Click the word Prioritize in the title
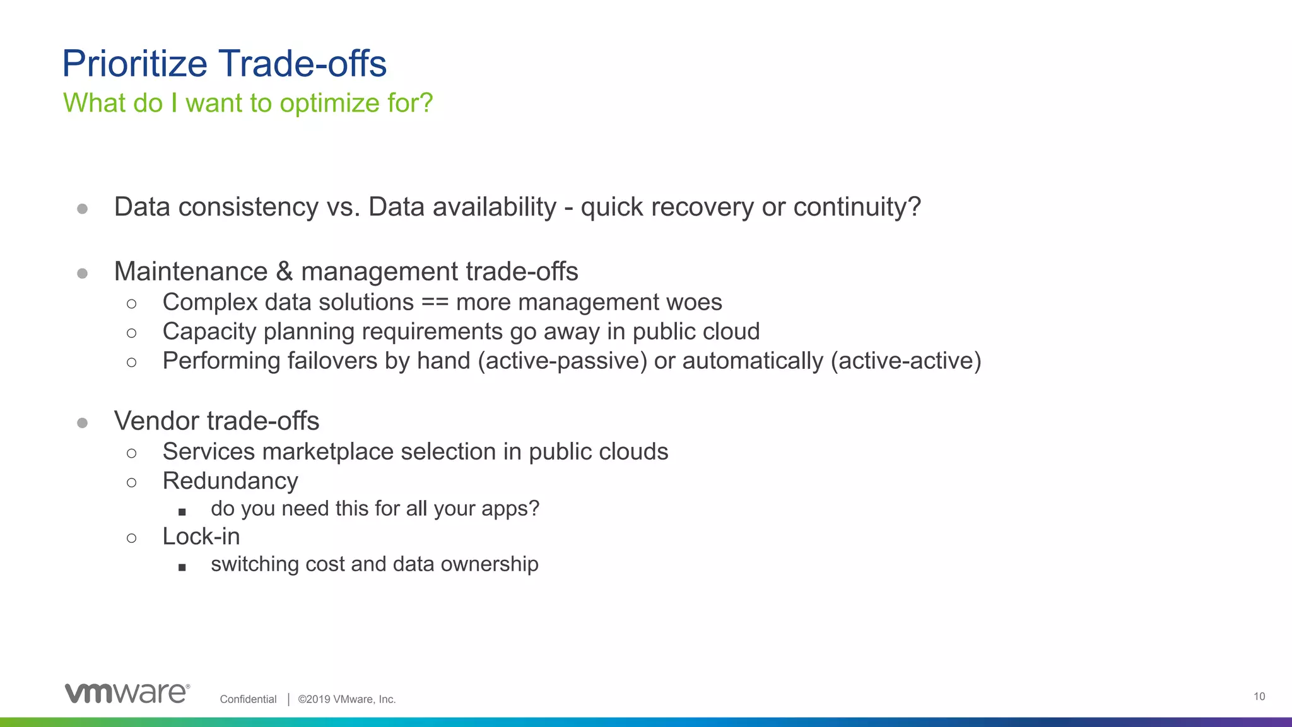click(134, 64)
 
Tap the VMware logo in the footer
click(127, 693)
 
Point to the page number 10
click(1259, 696)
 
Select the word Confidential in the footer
click(248, 699)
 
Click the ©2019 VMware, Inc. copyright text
click(346, 699)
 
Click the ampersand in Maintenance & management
click(284, 272)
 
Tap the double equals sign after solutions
click(435, 303)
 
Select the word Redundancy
click(230, 481)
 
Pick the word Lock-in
click(201, 537)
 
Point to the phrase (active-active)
click(906, 361)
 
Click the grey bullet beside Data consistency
click(82, 209)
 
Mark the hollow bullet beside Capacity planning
click(131, 333)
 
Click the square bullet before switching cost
click(182, 567)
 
